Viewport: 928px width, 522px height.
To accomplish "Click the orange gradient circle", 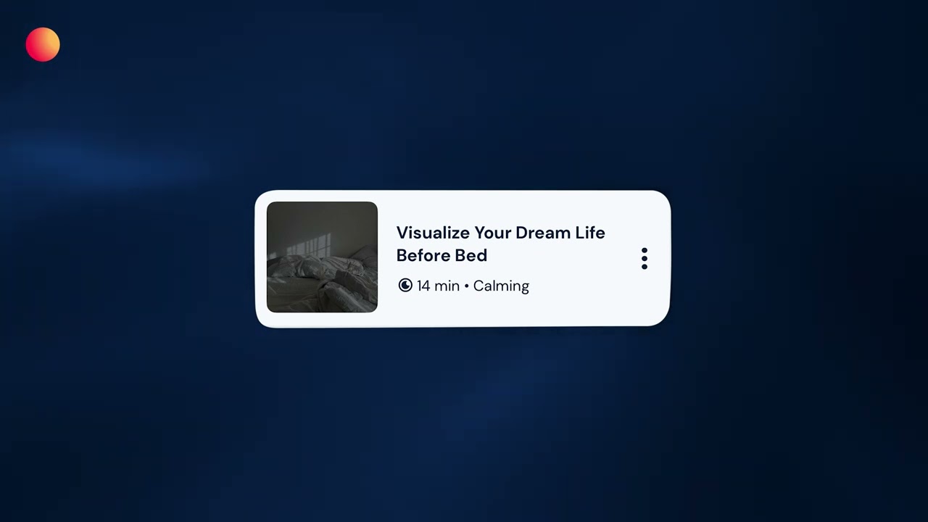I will click(x=43, y=45).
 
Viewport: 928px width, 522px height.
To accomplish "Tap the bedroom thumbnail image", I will click(x=322, y=257).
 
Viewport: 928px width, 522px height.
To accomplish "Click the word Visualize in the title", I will click(x=433, y=233).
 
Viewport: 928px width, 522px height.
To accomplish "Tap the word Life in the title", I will click(x=589, y=233).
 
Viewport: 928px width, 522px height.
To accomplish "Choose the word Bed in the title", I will click(x=471, y=255).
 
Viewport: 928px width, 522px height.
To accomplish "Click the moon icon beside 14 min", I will click(x=405, y=286).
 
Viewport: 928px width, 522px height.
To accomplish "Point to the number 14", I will click(x=423, y=286).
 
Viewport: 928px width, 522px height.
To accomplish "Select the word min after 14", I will click(x=447, y=286).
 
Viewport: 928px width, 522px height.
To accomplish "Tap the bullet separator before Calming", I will click(x=466, y=286).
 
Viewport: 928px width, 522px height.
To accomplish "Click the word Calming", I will click(x=501, y=286).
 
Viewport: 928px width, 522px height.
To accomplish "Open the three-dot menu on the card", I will click(x=645, y=259).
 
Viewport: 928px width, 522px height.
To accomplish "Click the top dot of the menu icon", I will click(x=645, y=251).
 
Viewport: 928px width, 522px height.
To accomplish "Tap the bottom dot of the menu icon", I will click(x=645, y=267).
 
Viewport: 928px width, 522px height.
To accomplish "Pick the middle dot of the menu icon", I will click(x=645, y=259).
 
